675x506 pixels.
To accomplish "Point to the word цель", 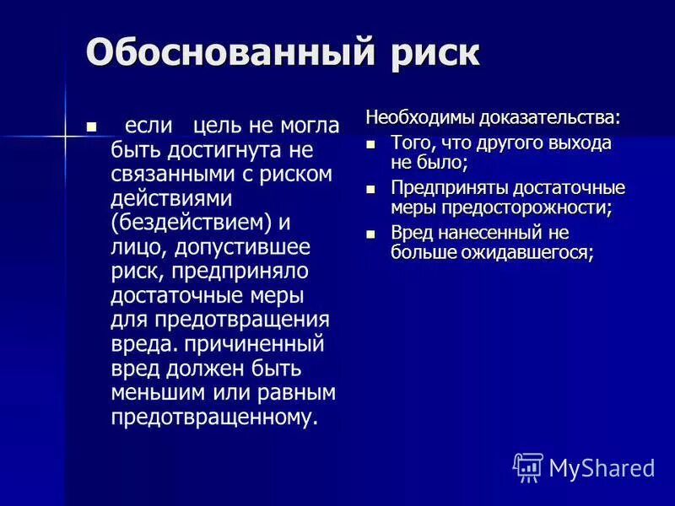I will point(218,126).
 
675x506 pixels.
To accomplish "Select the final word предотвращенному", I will point(215,418).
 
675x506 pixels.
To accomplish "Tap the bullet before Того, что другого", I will point(370,143).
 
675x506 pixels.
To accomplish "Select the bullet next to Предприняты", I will point(370,188).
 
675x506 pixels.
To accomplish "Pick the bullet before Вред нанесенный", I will point(370,233).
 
